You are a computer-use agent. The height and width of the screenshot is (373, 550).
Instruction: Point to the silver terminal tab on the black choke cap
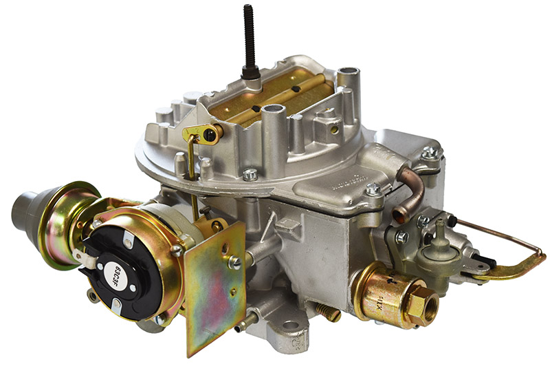click(85, 257)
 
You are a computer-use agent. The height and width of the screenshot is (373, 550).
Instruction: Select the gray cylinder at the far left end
click(25, 210)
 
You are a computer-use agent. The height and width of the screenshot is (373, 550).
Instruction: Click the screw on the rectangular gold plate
click(234, 263)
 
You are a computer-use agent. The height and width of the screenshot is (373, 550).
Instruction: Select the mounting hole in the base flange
click(291, 326)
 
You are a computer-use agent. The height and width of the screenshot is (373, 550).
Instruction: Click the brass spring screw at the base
click(329, 314)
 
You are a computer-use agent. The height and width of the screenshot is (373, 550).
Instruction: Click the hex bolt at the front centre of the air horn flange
click(250, 175)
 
